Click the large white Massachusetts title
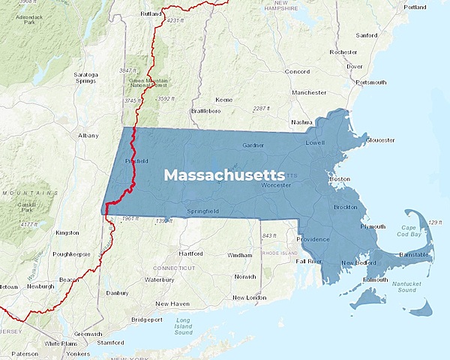[x=224, y=175]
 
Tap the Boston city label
[x=340, y=179]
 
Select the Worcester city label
[x=276, y=185]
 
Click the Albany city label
[x=88, y=136]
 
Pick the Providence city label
[x=313, y=239]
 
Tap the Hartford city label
[x=191, y=253]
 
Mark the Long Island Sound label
[x=184, y=325]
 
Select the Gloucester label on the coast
[x=380, y=140]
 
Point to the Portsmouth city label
[x=371, y=82]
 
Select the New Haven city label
[x=172, y=304]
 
